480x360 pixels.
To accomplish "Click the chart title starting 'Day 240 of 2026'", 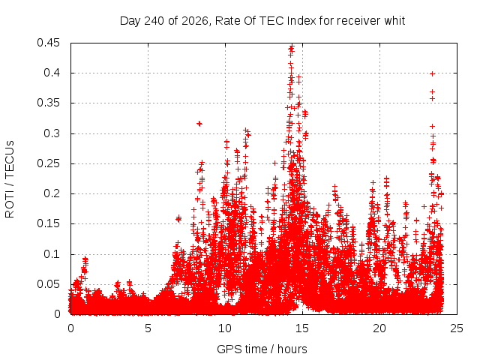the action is point(262,21).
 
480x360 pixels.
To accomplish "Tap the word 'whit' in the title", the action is point(394,21).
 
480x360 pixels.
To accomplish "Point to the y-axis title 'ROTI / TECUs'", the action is point(10,179).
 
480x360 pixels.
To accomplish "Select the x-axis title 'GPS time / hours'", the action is point(262,349).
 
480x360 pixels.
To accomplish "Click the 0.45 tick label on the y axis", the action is point(48,43).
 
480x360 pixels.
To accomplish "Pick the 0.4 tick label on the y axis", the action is point(52,73).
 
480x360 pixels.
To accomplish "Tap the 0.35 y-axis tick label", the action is point(48,103).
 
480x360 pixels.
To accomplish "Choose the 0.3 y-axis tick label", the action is point(52,133).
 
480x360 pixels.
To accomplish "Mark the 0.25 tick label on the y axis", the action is point(48,163).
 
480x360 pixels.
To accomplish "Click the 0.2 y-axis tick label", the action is point(52,193).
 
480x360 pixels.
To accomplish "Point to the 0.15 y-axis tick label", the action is point(48,223).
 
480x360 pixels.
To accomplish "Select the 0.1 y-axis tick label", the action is point(52,254).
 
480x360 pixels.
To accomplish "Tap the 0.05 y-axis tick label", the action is point(48,284).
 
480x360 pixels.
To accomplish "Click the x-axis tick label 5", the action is point(148,328).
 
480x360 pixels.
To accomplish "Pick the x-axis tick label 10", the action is point(225,328).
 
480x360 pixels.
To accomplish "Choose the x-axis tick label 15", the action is point(302,328).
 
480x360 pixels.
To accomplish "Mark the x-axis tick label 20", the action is point(379,328).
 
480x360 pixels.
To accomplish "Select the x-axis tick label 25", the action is point(457,328).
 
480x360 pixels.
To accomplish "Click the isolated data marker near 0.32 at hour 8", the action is point(199,124).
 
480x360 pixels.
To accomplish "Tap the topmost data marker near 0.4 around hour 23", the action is point(432,73).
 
